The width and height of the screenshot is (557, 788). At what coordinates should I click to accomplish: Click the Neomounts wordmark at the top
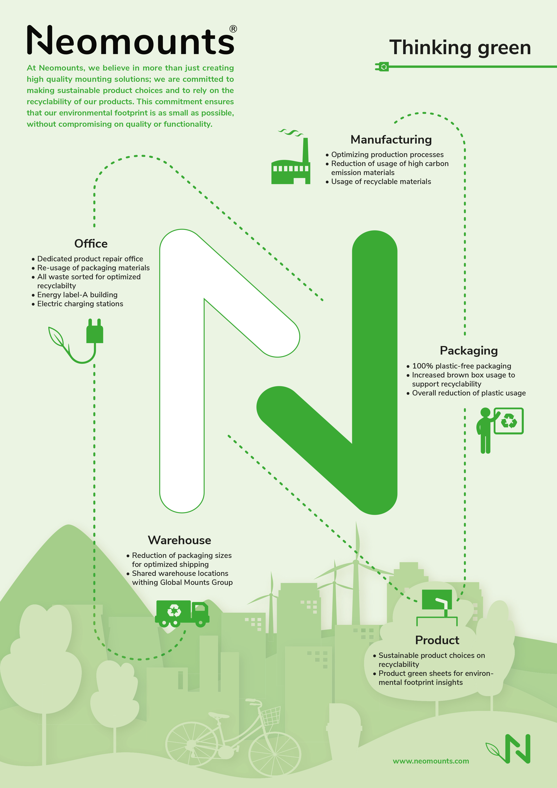click(x=130, y=40)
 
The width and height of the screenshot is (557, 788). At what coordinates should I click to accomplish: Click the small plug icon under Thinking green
click(x=382, y=67)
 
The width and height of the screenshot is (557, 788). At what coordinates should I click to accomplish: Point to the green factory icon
click(x=291, y=161)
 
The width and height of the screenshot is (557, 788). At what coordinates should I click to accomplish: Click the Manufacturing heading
click(x=391, y=140)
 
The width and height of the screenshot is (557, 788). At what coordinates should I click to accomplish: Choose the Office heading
click(x=91, y=244)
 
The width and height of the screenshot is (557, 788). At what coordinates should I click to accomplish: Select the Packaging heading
click(x=469, y=351)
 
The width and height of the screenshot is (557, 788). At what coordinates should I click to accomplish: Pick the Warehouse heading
click(x=179, y=540)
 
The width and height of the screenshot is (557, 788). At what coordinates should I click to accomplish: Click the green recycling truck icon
click(x=182, y=613)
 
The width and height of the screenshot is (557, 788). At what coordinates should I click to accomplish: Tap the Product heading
click(x=437, y=640)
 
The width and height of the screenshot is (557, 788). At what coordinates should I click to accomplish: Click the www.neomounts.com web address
click(x=431, y=761)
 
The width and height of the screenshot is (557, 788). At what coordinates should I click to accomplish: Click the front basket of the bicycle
click(x=271, y=716)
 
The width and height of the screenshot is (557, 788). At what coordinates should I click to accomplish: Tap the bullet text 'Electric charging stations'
click(x=80, y=304)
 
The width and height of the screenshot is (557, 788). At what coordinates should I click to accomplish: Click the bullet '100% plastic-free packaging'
click(x=461, y=366)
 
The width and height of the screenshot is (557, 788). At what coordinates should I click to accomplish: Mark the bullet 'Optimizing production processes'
click(x=387, y=154)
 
